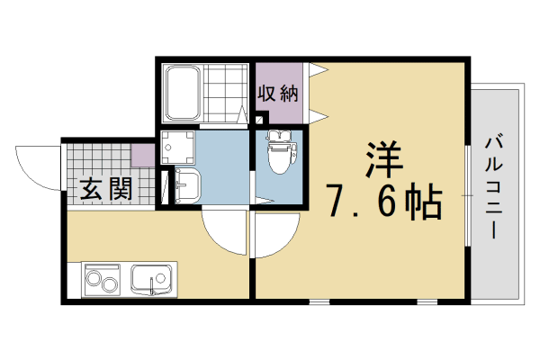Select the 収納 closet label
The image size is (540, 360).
point(277,93)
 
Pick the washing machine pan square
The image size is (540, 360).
point(177,148)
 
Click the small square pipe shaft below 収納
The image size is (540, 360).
point(260,119)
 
